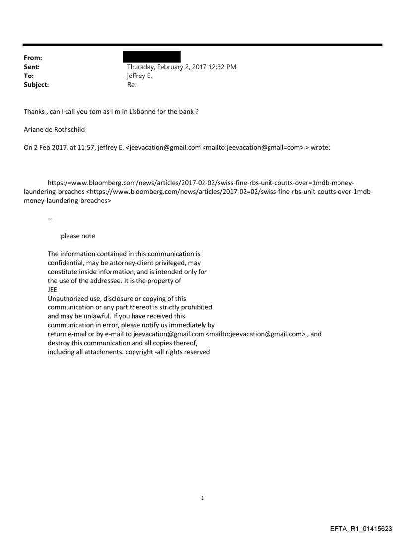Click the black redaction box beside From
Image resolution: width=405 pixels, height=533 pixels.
pos(153,56)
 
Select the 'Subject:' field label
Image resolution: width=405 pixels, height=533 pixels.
pos(36,85)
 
